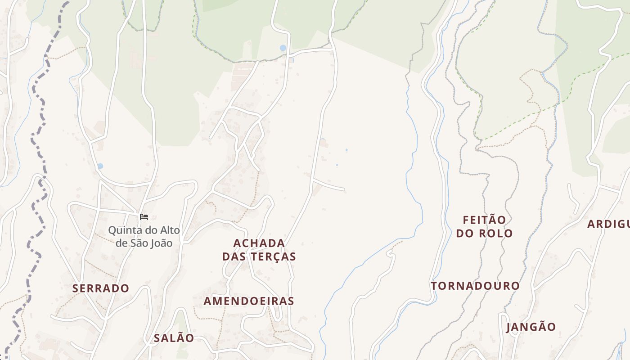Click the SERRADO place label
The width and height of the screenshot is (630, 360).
coord(101,288)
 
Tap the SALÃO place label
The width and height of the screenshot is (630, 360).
coord(174,338)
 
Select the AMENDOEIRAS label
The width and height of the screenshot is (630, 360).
coord(249,301)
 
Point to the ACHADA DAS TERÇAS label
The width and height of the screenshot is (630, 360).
coord(259,250)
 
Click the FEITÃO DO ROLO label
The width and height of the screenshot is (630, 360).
coord(484,226)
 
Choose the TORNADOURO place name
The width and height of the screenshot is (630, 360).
coord(475,286)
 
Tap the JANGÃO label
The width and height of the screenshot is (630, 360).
coord(531,327)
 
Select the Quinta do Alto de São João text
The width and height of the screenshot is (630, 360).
coord(144,237)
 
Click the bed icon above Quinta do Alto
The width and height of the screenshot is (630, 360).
coord(144,217)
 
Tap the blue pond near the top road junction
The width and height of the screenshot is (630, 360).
coord(283,48)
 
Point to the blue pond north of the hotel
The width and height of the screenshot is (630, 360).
coord(100,166)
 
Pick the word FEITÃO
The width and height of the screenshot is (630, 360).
coord(484,220)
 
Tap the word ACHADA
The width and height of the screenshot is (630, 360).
coord(259,243)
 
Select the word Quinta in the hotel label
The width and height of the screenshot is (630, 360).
coord(121,230)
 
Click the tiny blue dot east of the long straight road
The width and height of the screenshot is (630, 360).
coord(346,150)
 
